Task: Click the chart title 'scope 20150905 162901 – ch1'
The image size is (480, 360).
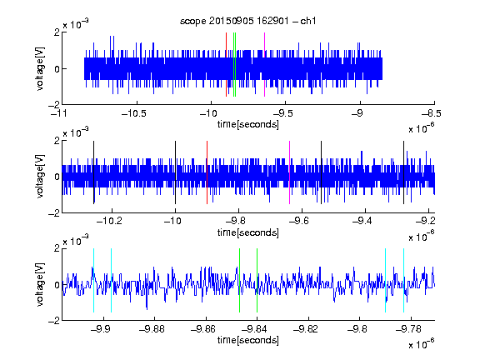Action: (x=247, y=21)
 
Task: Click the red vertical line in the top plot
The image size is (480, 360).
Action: (x=226, y=65)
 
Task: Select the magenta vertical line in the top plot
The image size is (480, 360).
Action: (x=264, y=65)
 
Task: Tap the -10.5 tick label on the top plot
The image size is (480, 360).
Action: (x=134, y=114)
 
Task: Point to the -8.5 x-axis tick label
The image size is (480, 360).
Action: (x=432, y=114)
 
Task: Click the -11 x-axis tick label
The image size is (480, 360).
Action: (x=58, y=114)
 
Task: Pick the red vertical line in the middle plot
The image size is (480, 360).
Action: (x=207, y=172)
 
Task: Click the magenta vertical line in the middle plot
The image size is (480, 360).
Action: (x=290, y=172)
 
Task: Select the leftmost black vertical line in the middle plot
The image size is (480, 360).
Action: (x=93, y=172)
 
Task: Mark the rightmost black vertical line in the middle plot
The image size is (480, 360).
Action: (x=404, y=172)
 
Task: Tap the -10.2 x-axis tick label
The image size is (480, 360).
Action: (x=110, y=221)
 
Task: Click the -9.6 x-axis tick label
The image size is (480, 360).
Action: (x=299, y=221)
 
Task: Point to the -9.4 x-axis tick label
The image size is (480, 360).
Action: (x=362, y=221)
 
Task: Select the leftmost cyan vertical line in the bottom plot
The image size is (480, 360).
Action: (x=93, y=280)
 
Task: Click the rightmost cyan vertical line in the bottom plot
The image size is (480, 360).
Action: (x=404, y=280)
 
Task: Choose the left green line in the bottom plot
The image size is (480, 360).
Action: (x=239, y=280)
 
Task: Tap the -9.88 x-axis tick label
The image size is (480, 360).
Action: (x=152, y=329)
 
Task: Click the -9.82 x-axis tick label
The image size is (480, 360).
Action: (x=306, y=329)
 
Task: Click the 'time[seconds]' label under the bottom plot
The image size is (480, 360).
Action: (x=248, y=340)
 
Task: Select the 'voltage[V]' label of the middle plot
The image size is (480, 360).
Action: (x=40, y=177)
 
